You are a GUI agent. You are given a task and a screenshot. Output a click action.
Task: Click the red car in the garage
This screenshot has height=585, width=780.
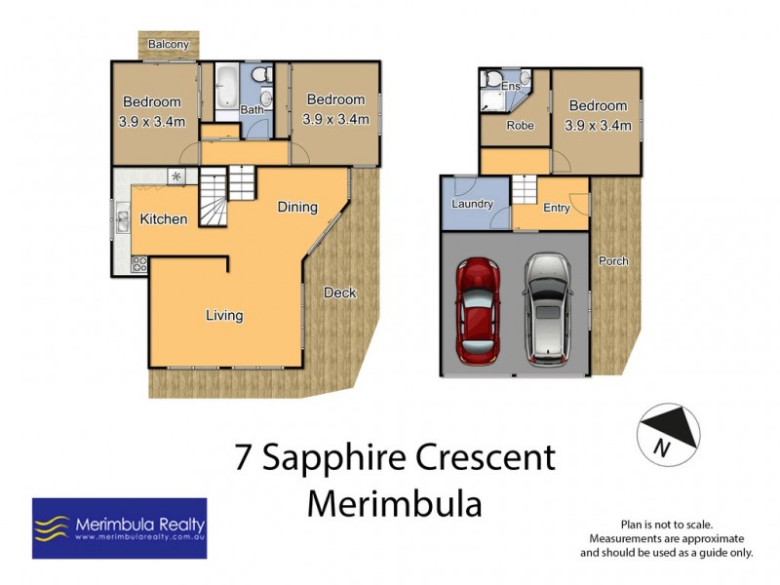coord(479,309)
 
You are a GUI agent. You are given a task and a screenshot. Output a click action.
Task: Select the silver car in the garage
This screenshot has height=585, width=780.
coord(549,309)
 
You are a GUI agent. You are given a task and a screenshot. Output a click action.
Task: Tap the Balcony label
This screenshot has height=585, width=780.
coord(168,45)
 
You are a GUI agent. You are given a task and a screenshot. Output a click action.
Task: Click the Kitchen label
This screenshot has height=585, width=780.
coord(163,219)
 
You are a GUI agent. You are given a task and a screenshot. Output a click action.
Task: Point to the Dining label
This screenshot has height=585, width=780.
coord(296,207)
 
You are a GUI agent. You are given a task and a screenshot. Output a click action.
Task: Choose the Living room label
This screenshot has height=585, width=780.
coord(223,315)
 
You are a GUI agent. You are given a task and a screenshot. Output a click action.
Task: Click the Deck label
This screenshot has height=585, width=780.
coord(339,292)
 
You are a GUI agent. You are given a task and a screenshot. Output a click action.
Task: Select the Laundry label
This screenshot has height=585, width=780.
coord(472,204)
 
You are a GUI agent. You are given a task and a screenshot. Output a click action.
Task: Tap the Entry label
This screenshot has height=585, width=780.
coord(557,208)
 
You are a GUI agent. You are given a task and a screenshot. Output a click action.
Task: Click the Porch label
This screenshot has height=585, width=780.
coord(614,261)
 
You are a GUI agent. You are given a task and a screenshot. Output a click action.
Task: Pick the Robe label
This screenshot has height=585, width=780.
coord(518,127)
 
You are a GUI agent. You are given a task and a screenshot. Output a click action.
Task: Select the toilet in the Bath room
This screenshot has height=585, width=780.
coord(259,78)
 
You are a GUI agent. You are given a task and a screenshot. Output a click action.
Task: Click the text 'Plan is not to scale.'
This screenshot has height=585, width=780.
coord(667,524)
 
